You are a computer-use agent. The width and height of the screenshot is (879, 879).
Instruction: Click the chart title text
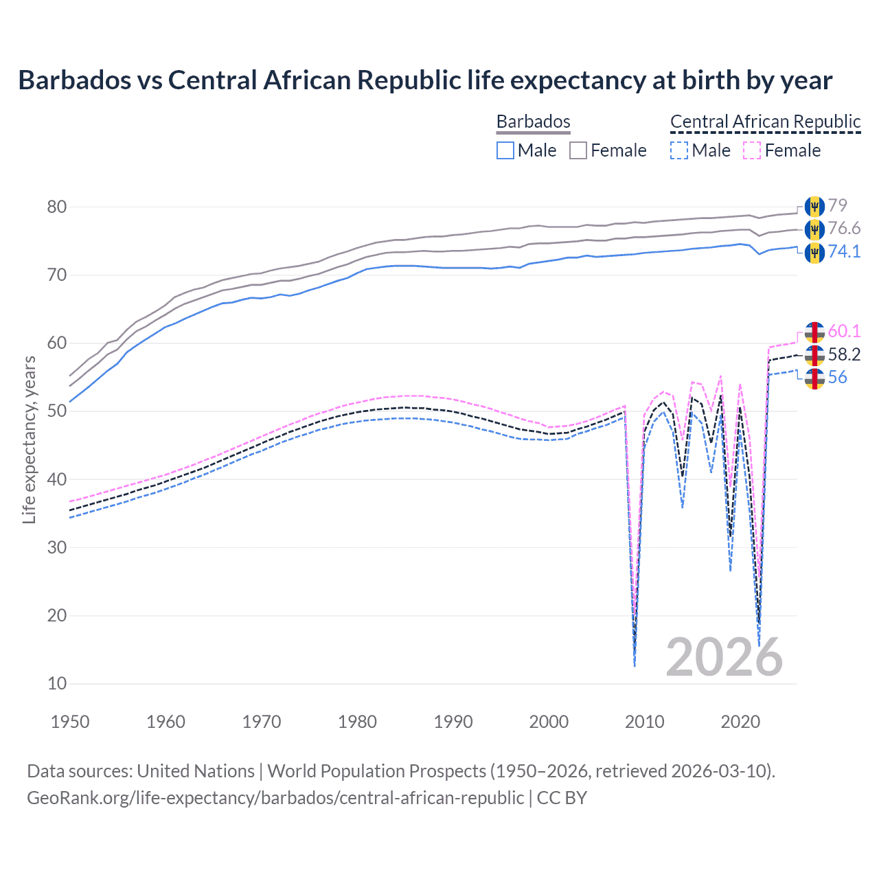pyautogui.click(x=425, y=80)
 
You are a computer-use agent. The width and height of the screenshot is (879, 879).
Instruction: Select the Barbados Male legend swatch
pyautogui.click(x=505, y=150)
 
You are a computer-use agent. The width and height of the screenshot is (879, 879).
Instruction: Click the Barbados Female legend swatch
pyautogui.click(x=578, y=150)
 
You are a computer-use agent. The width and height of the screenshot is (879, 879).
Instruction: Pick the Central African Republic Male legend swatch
pyautogui.click(x=678, y=150)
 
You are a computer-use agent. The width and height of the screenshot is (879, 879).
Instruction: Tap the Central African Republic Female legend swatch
pyautogui.click(x=752, y=150)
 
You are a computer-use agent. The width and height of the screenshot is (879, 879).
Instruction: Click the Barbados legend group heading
pyautogui.click(x=533, y=122)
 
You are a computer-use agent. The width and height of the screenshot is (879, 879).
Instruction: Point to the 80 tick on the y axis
pyautogui.click(x=57, y=207)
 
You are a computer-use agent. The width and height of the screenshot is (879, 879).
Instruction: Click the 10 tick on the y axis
pyautogui.click(x=57, y=683)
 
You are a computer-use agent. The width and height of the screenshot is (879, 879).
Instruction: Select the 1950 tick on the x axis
pyautogui.click(x=70, y=722)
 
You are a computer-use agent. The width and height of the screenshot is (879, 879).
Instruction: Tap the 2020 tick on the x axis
pyautogui.click(x=740, y=722)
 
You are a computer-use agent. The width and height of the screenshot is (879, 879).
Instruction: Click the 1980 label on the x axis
pyautogui.click(x=357, y=722)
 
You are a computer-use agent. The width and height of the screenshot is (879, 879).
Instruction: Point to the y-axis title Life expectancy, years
pyautogui.click(x=29, y=439)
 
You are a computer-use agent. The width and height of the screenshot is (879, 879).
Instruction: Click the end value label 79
pyautogui.click(x=837, y=205)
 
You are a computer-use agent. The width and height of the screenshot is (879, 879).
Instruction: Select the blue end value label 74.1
pyautogui.click(x=844, y=251)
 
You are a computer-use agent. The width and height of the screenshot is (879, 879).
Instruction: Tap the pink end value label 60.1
pyautogui.click(x=844, y=331)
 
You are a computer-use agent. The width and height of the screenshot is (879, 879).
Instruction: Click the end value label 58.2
pyautogui.click(x=844, y=354)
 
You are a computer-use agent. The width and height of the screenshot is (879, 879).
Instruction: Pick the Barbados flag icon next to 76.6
pyautogui.click(x=814, y=229)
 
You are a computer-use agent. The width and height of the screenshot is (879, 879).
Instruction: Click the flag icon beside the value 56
pyautogui.click(x=814, y=378)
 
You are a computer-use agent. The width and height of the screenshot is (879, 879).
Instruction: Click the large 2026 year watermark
pyautogui.click(x=724, y=657)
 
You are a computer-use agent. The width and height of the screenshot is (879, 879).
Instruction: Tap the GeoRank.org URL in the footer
pyautogui.click(x=275, y=798)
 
